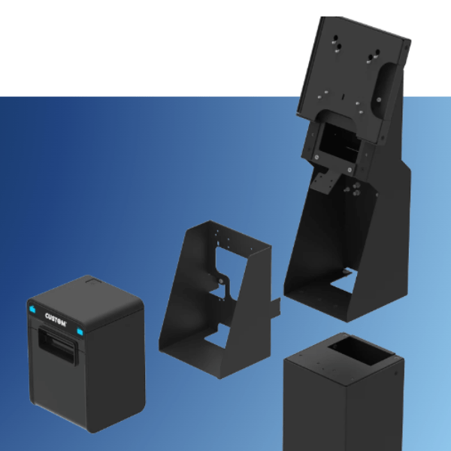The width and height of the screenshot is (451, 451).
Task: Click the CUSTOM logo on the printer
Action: tap(56, 319)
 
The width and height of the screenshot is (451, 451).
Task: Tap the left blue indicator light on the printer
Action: tap(32, 310)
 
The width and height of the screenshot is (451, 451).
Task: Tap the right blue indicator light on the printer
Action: tap(80, 332)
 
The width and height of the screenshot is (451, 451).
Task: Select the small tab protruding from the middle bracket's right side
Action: tap(276, 308)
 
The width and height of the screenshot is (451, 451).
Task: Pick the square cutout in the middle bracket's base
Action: tap(216, 336)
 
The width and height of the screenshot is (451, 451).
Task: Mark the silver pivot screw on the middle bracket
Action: tap(221, 281)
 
